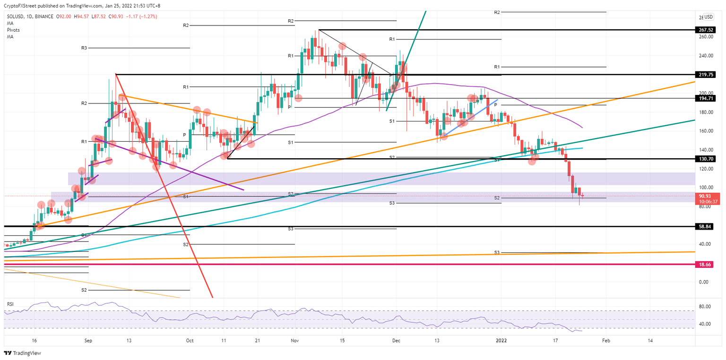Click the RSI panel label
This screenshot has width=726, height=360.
[10, 301]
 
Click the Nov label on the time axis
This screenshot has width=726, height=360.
[295, 340]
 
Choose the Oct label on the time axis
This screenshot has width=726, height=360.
[190, 340]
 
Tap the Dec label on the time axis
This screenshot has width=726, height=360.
[396, 340]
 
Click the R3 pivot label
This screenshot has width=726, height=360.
[84, 48]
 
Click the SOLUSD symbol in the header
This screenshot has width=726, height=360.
[17, 16]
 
